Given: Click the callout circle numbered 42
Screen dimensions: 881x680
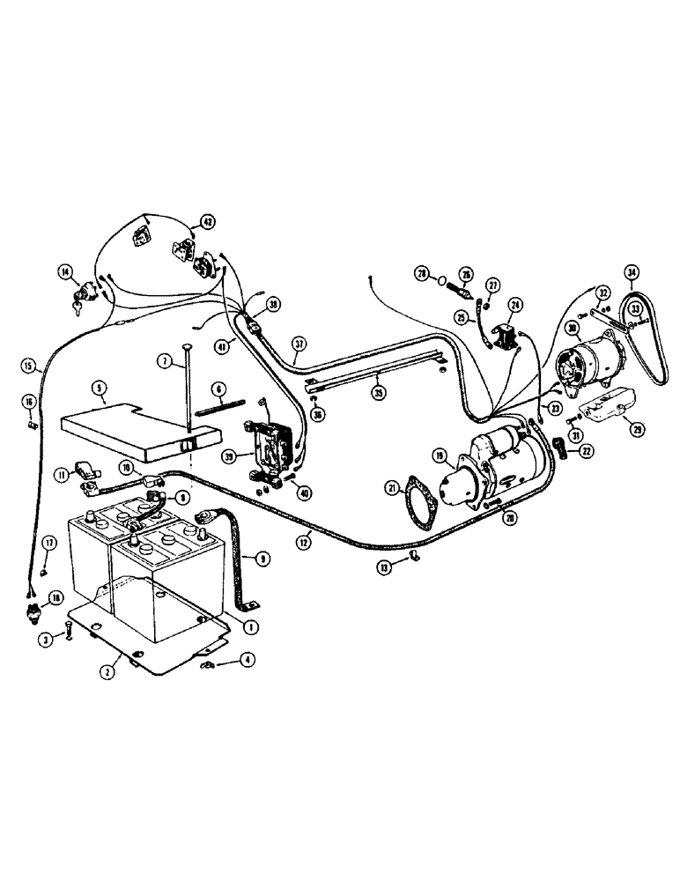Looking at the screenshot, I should coord(207,221).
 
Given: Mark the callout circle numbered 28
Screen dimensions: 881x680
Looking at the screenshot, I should coord(423,274).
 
